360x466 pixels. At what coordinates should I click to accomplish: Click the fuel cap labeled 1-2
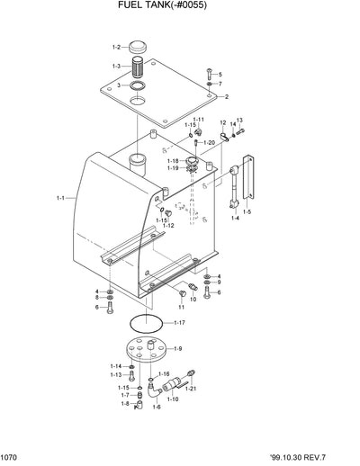click(139, 46)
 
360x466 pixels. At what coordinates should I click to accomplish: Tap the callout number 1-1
click(60, 198)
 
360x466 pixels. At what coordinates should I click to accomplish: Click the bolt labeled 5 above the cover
click(208, 72)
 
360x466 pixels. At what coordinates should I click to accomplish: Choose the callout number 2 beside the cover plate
click(227, 96)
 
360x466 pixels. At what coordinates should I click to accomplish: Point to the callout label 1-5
click(247, 212)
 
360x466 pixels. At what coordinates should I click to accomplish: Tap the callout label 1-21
click(189, 388)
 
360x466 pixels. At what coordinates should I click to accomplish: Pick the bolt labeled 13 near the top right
click(238, 134)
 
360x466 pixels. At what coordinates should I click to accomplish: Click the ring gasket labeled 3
click(139, 86)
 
